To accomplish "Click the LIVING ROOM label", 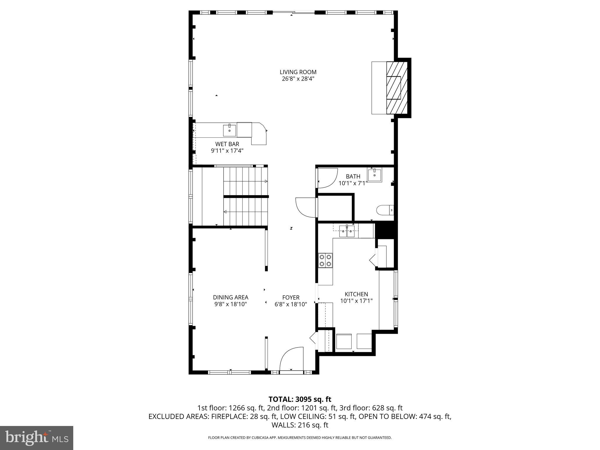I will click(298, 72).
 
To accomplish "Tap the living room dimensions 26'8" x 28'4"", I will click(298, 79).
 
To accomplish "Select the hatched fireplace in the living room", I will click(397, 88).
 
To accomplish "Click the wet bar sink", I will click(229, 131).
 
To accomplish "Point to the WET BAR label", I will click(227, 144).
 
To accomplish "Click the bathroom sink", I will click(374, 175).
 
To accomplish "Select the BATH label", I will click(353, 176).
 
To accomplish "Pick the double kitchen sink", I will click(347, 231).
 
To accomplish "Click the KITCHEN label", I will click(356, 294).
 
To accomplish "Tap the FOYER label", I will click(291, 298).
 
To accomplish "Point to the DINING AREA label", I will click(231, 297).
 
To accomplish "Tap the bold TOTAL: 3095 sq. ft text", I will click(300, 399).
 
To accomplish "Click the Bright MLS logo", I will click(37, 438).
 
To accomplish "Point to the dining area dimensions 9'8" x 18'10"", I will click(231, 304).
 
